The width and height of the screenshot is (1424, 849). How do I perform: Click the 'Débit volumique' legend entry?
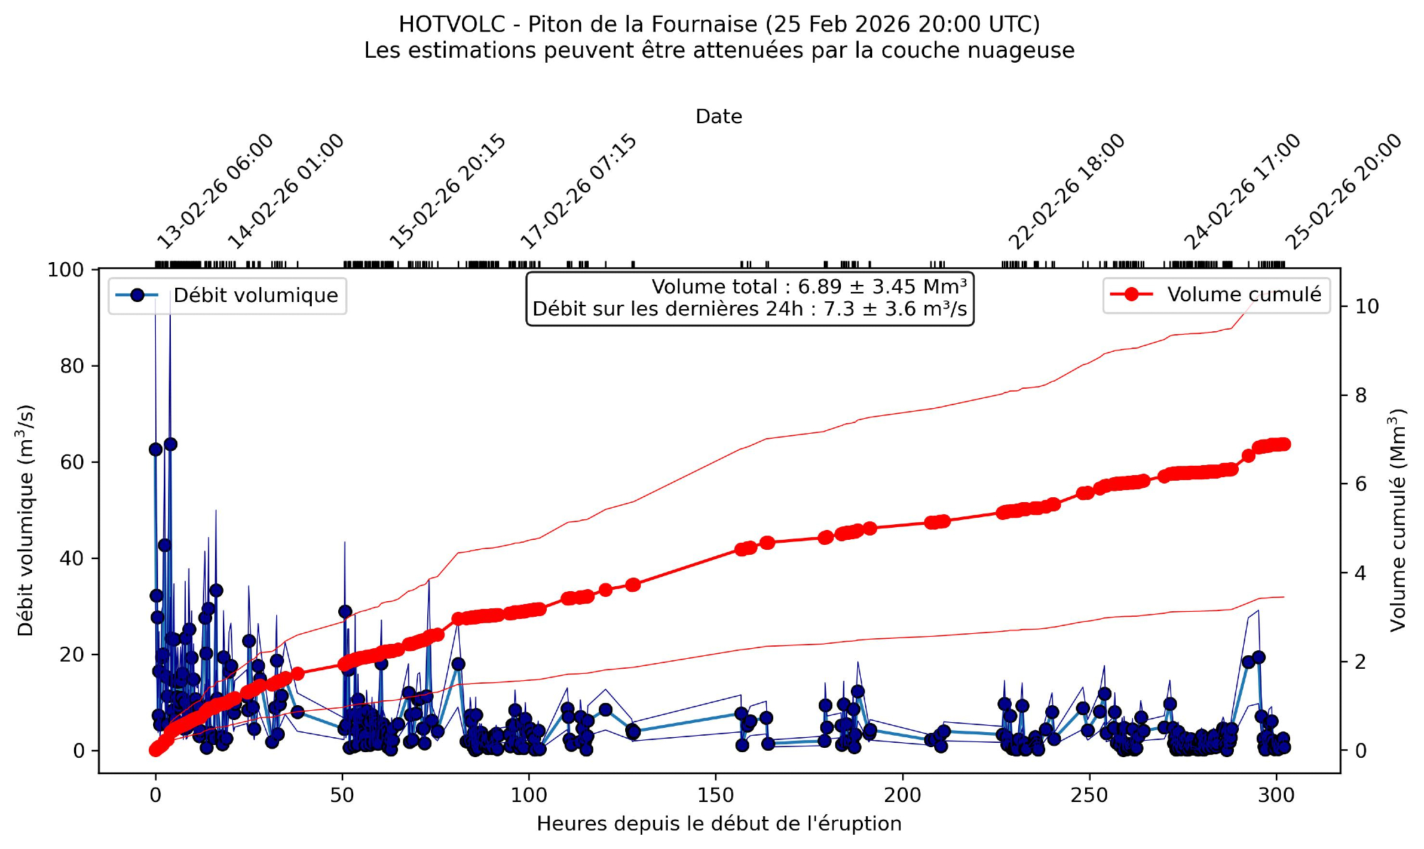[256, 296]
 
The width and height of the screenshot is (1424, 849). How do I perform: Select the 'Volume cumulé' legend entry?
[1243, 295]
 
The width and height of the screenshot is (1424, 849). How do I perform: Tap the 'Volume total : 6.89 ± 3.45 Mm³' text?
[809, 287]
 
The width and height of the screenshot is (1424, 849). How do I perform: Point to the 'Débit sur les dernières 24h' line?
[750, 309]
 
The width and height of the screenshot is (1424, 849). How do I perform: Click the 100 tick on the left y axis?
[66, 270]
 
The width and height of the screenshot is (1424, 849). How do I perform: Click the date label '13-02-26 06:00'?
[214, 192]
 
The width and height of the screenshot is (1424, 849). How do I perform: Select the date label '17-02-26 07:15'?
[578, 192]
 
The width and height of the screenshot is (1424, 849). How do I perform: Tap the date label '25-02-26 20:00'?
[1343, 192]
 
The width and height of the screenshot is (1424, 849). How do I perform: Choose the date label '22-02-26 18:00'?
[1067, 192]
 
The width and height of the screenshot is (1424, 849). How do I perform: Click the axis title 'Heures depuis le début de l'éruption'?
[719, 824]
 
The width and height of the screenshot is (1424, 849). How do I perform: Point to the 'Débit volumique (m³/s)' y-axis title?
[26, 520]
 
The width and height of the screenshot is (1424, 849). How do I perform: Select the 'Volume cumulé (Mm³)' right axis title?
[1398, 520]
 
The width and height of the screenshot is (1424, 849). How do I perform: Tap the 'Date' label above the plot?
[719, 117]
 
